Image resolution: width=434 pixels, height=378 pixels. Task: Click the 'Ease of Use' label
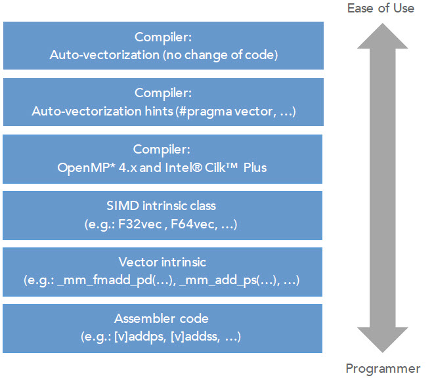click(381, 9)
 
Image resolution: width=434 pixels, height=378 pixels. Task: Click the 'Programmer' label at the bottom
click(382, 368)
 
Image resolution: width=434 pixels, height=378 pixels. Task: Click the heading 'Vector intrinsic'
click(163, 262)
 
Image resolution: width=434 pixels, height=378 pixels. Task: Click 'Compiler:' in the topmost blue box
click(163, 37)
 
